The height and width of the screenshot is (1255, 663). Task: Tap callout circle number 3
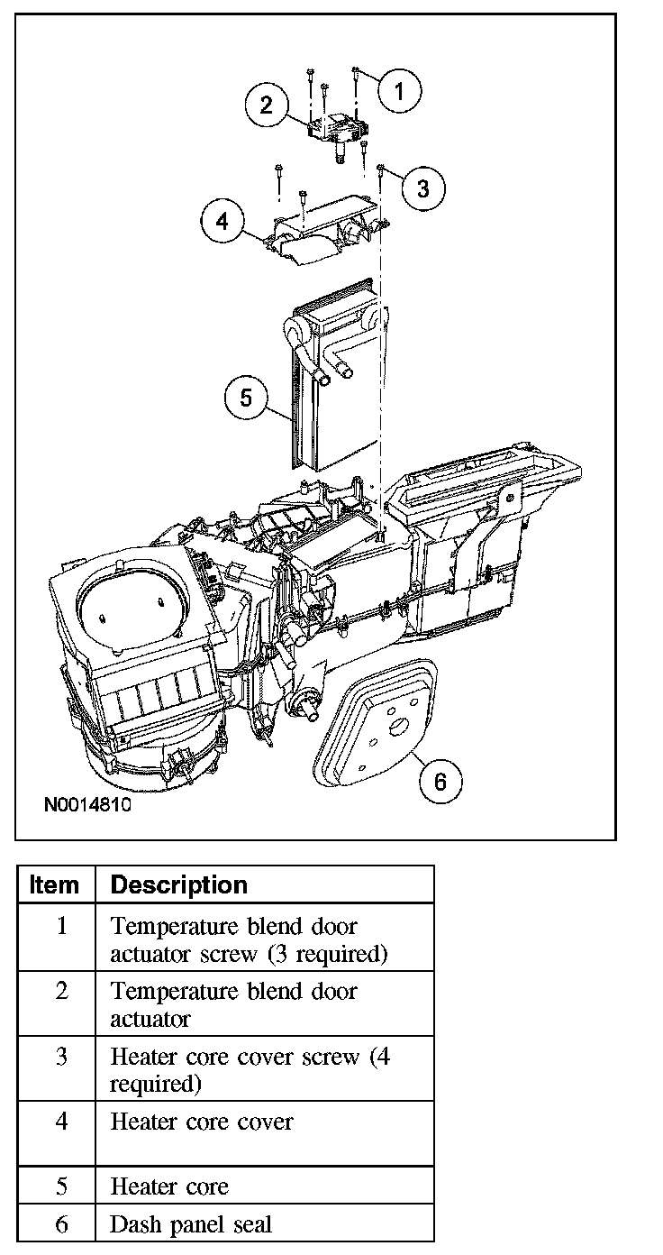tap(423, 188)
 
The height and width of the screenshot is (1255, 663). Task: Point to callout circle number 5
tap(248, 398)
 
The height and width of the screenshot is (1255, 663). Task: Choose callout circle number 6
tap(440, 781)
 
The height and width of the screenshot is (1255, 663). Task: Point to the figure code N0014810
tap(86, 804)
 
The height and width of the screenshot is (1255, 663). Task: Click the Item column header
tap(54, 885)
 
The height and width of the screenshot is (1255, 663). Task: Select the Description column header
tap(178, 885)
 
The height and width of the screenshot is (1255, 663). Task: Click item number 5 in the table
tap(60, 1186)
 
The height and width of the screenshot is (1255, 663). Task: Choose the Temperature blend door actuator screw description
tap(248, 939)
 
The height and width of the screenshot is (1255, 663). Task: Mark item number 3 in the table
tap(60, 1057)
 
